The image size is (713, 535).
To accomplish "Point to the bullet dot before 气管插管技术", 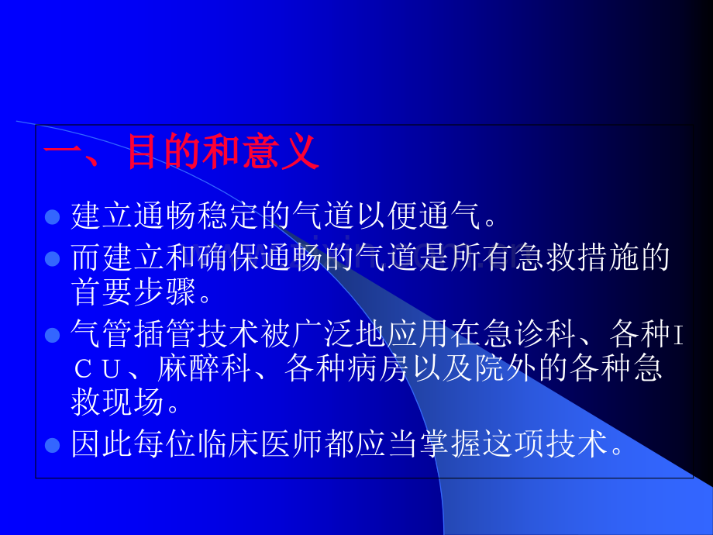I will [52, 335].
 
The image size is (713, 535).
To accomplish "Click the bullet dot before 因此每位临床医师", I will [52, 446].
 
